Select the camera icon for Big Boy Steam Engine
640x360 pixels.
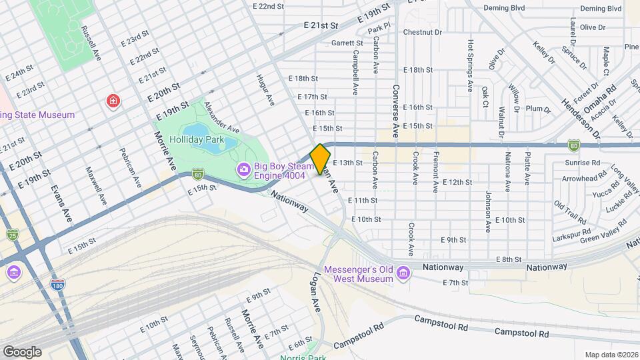coord(243,169)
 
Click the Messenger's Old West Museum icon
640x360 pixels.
coord(403,273)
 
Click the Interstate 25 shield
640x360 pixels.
coord(13,234)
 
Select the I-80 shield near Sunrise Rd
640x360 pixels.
coord(574,145)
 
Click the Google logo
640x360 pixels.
coord(21,351)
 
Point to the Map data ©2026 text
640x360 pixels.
coord(611,354)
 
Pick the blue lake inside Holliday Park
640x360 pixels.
coord(207,137)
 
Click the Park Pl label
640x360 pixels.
coord(379,29)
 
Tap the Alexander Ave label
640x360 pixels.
coord(221,117)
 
